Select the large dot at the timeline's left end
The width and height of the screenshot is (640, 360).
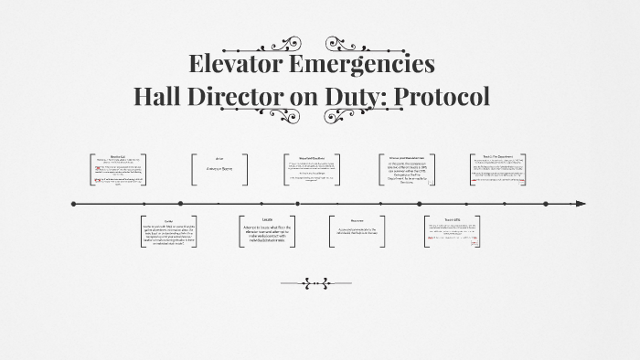[x=73, y=204]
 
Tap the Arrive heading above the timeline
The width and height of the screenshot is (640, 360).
[x=219, y=157]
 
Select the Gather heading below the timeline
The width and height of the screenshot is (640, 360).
[x=168, y=221]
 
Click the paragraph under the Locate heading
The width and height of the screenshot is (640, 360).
[x=267, y=235]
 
